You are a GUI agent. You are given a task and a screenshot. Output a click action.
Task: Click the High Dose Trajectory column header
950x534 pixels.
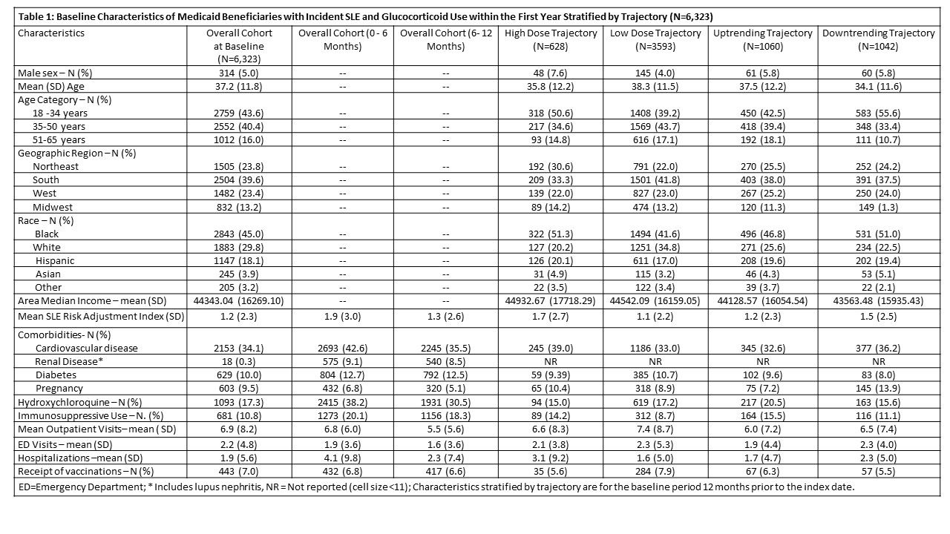click(550, 39)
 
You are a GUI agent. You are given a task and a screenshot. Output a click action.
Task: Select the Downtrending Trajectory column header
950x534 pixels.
click(878, 39)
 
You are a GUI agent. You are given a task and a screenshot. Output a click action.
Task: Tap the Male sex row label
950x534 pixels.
click(55, 73)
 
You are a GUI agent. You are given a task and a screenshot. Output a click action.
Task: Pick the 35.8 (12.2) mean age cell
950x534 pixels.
click(550, 86)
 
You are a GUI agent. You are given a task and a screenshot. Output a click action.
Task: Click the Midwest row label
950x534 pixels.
click(53, 207)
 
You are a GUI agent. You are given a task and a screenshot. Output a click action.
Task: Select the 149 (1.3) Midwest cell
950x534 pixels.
click(878, 207)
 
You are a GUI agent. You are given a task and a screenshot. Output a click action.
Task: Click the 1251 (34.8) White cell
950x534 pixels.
click(655, 247)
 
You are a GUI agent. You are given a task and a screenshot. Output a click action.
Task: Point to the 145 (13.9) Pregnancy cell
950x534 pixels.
click(878, 388)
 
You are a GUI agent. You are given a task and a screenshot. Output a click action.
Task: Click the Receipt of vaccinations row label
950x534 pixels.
click(85, 471)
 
